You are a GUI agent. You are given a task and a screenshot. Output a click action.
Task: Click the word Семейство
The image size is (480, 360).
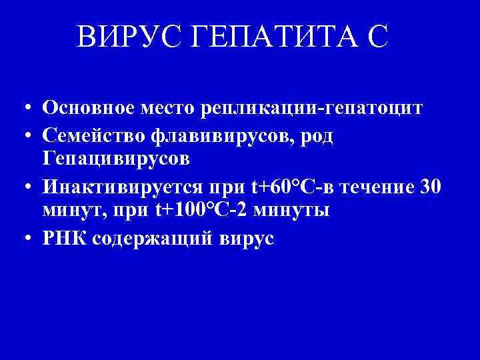(x=93, y=135)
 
